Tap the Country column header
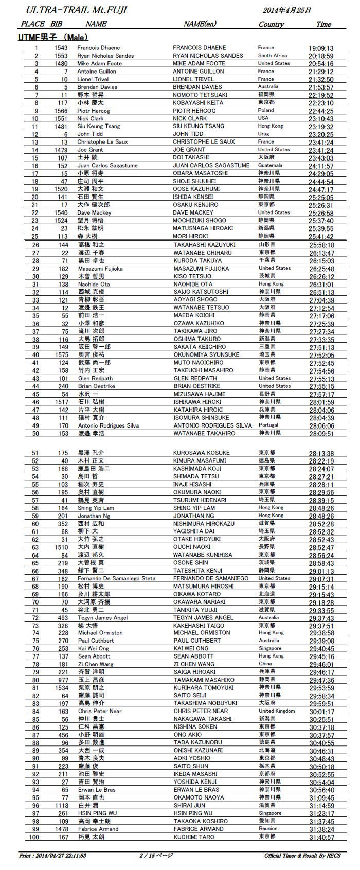click(271, 24)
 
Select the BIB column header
click(57, 24)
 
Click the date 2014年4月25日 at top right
click(287, 10)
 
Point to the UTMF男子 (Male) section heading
click(53, 37)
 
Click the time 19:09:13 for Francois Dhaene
click(321, 48)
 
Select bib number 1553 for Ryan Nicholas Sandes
click(61, 56)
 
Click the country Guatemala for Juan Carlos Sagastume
click(270, 165)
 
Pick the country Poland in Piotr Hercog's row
click(266, 110)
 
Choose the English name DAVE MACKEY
click(193, 212)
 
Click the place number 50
click(35, 433)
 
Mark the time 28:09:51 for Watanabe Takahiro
click(321, 434)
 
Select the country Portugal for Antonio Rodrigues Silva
click(268, 425)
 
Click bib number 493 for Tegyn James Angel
click(63, 617)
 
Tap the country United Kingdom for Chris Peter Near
click(277, 711)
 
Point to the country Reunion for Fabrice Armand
click(267, 829)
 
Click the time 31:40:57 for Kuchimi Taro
click(321, 837)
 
